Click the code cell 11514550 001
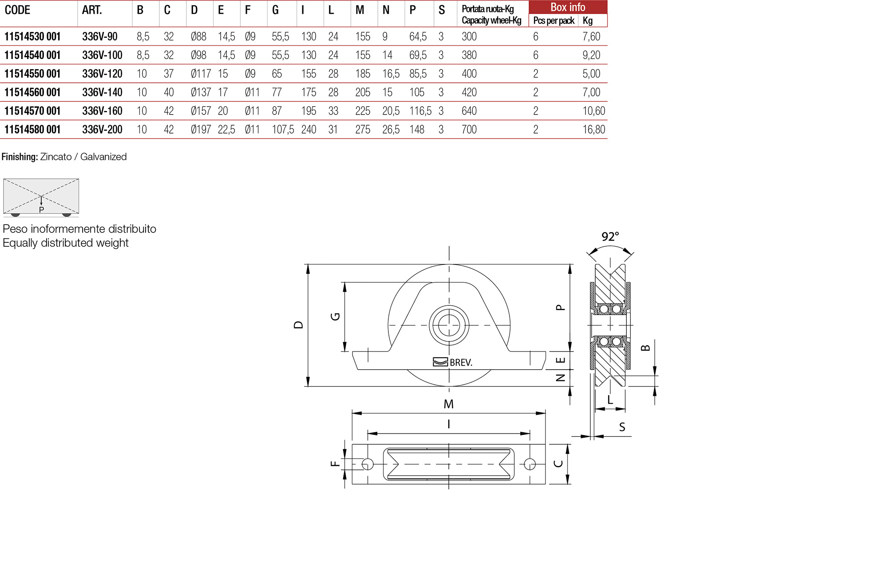[32, 74]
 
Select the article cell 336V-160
[102, 111]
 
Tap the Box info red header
[567, 7]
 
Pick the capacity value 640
[469, 111]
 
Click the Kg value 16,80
[593, 130]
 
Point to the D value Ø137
[201, 92]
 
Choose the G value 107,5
[283, 130]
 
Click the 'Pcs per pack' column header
[554, 20]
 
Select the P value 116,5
[420, 111]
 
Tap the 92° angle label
[610, 237]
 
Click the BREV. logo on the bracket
[453, 362]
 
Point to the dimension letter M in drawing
[448, 404]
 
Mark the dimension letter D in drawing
[298, 325]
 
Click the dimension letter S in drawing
[622, 427]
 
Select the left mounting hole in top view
[368, 464]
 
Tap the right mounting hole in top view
[530, 464]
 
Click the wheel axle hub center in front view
[449, 325]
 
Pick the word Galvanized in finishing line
[103, 157]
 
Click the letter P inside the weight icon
[41, 210]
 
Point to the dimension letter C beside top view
[558, 464]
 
